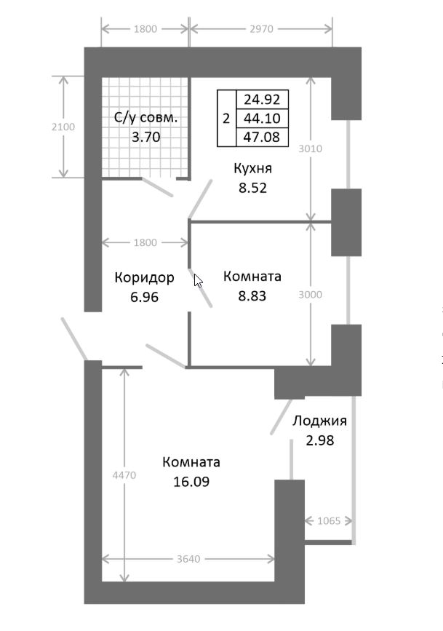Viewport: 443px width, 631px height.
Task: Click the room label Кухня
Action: (252, 169)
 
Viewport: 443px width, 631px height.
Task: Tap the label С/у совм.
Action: (145, 117)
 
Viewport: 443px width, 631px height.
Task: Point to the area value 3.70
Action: (145, 135)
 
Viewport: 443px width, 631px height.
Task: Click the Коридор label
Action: (145, 277)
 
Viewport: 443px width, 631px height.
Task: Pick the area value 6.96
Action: (145, 296)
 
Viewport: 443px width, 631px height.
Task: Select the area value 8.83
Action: (252, 296)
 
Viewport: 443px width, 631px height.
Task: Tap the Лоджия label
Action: (319, 421)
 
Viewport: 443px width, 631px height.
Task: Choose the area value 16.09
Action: (191, 481)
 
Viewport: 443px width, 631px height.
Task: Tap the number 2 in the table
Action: (226, 119)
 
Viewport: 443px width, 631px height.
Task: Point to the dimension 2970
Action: (260, 29)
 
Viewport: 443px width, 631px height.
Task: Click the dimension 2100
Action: (63, 127)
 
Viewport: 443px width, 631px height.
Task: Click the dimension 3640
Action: (188, 559)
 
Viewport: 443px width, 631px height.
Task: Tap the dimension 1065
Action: (329, 521)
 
